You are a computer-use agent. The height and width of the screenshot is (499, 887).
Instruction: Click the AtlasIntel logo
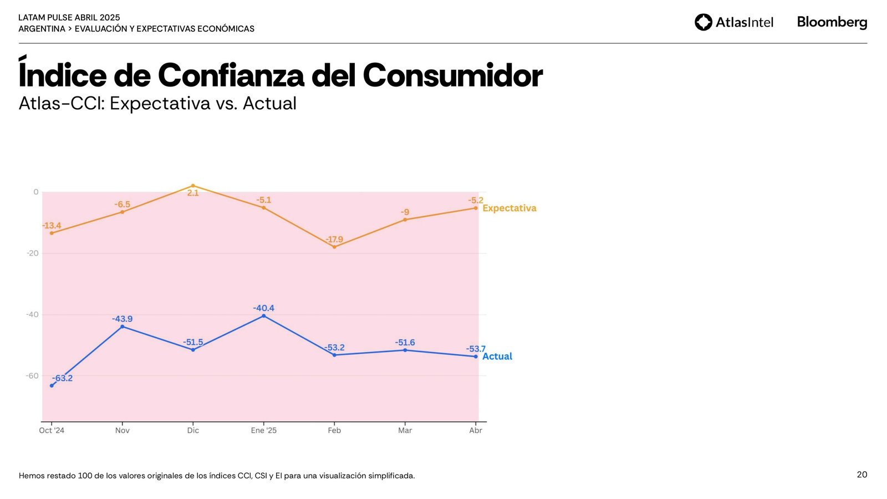coord(733,22)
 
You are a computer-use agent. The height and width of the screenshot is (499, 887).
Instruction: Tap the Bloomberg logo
coord(832,22)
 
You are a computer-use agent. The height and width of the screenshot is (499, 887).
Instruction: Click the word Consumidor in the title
coord(452,75)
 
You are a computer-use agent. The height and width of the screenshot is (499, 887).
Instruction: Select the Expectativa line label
coord(509,208)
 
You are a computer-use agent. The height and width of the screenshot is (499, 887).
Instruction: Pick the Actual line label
coord(497,357)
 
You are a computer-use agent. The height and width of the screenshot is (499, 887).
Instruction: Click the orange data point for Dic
coord(193,186)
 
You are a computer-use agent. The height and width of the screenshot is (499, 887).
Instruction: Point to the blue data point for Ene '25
coord(263,316)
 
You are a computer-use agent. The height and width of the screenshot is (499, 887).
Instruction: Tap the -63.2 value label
coord(62,378)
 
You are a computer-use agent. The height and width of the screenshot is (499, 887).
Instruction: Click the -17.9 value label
coord(334,240)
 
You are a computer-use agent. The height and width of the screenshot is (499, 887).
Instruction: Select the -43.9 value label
coord(122,319)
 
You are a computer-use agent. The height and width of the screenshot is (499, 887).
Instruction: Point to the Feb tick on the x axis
coord(334,430)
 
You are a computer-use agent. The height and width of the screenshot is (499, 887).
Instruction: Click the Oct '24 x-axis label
coord(52,430)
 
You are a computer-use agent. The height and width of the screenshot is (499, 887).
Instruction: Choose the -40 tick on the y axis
coord(32,314)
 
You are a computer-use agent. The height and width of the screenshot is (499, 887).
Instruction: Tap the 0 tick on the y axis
coord(36,192)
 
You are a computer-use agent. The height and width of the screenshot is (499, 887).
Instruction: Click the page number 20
coord(861,475)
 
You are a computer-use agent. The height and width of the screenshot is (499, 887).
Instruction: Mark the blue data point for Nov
coord(122,327)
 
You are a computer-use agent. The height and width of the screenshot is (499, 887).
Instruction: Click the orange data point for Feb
coord(334,247)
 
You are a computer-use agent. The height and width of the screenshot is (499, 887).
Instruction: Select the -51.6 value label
coord(405,343)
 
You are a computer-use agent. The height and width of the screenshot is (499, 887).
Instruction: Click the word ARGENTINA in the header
coord(42,29)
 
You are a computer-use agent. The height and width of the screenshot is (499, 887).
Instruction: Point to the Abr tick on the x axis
coord(476,430)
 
